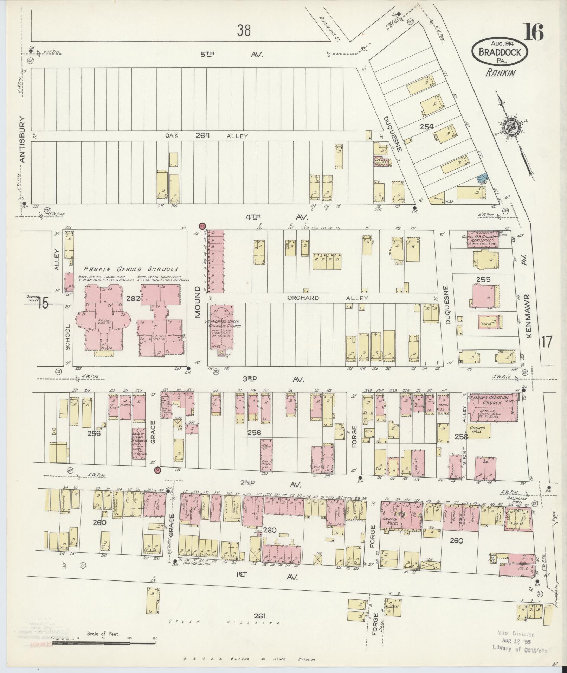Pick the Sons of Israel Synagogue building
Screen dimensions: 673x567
[x=138, y=443]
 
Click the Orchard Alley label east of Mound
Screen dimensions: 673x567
[x=327, y=298]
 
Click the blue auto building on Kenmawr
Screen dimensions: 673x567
[x=482, y=178]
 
